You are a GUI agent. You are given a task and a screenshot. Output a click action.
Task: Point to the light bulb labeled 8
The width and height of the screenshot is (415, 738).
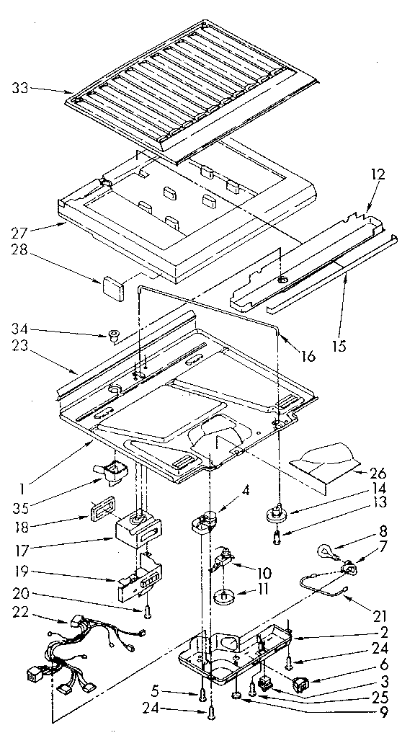(328, 553)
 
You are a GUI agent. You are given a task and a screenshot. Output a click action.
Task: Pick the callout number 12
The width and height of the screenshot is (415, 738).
(379, 174)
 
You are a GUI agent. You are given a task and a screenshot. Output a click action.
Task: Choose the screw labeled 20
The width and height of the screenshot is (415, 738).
(148, 611)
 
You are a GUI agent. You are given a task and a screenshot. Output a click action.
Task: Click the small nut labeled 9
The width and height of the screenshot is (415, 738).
(257, 696)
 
